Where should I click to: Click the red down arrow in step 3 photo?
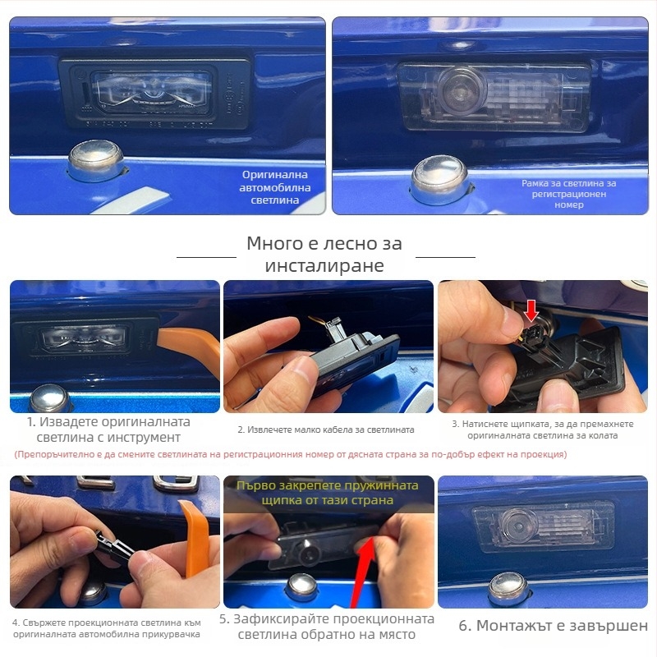(531, 312)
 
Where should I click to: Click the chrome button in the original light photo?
(96, 160)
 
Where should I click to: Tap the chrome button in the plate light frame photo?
(440, 178)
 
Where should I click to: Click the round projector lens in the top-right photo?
(460, 90)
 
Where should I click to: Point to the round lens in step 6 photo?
(520, 524)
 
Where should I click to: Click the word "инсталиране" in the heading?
(324, 265)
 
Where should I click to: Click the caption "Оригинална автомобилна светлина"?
(275, 187)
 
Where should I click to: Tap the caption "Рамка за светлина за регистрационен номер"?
(568, 194)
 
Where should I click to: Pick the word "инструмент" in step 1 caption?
(144, 438)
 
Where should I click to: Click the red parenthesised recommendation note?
(291, 455)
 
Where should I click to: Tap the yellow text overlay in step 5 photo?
(327, 493)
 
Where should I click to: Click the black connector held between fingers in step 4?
(114, 544)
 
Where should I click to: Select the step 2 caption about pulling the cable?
(325, 430)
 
